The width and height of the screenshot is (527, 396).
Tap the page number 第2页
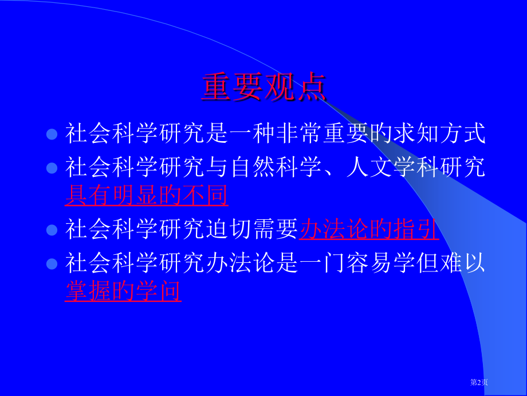pos(479,382)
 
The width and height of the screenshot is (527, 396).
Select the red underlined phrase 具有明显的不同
pos(147,196)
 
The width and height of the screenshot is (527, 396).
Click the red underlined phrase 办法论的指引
pos(369,230)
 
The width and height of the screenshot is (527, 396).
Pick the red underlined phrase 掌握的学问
pos(123,292)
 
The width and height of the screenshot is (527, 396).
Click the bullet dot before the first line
pos(52,134)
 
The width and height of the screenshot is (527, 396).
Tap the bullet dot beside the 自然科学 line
pos(52,168)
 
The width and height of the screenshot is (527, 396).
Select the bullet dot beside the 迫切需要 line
pos(52,230)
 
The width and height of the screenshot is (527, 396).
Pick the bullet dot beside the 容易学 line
pos(52,264)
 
